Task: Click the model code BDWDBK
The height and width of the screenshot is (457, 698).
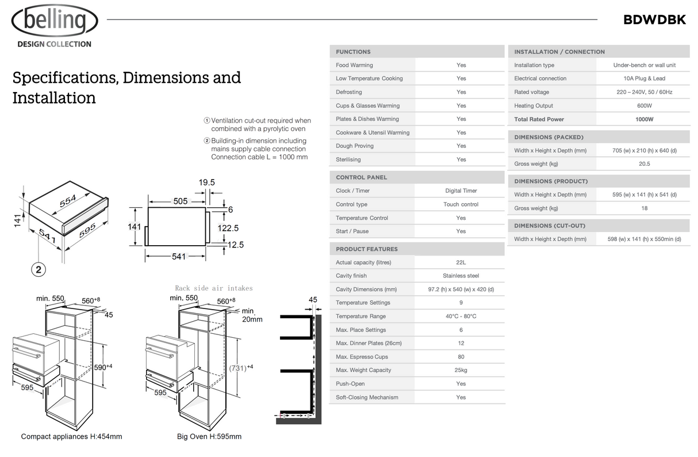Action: pos(654,20)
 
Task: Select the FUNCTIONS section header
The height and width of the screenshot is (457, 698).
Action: pos(353,52)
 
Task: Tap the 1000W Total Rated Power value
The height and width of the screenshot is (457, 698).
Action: pos(644,119)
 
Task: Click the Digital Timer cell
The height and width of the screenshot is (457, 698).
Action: pos(461,191)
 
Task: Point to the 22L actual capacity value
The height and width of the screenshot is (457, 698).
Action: pos(461,262)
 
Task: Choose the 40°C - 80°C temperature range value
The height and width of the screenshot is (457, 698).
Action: pos(461,316)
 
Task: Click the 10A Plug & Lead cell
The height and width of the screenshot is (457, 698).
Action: pos(644,78)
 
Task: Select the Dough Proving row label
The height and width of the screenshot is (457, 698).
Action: pos(355,146)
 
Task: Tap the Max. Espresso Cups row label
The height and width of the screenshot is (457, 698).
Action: pos(362,357)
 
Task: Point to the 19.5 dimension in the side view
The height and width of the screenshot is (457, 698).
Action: pos(206,182)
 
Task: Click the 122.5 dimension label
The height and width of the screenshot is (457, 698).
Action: pos(228,228)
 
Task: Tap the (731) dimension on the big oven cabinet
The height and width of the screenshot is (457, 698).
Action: pos(241,367)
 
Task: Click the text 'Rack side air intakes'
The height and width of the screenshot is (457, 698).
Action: pos(213,288)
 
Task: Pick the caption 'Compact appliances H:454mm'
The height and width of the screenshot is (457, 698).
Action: pos(71,436)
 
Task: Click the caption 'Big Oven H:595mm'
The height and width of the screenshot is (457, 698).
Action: pos(209,436)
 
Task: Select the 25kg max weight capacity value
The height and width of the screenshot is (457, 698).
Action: pos(461,370)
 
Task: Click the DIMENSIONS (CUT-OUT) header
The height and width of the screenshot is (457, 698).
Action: pos(550,226)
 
